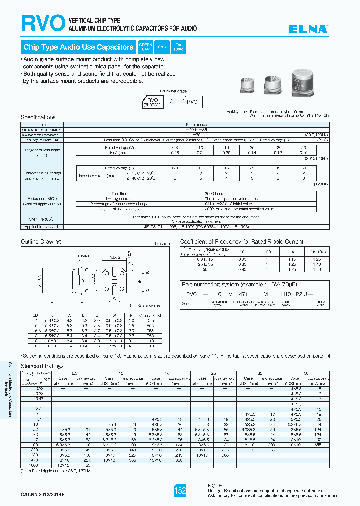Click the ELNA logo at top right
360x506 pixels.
coord(309,29)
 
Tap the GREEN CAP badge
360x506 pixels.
coord(145,47)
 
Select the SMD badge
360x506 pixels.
coord(162,47)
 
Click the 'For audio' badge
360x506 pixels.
coord(178,47)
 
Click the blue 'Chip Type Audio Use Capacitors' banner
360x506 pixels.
coord(78,47)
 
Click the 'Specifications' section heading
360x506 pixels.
coord(38,117)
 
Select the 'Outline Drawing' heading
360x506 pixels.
coord(40,241)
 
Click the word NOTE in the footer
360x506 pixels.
coord(215,485)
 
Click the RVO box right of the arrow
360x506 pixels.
coord(192,101)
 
